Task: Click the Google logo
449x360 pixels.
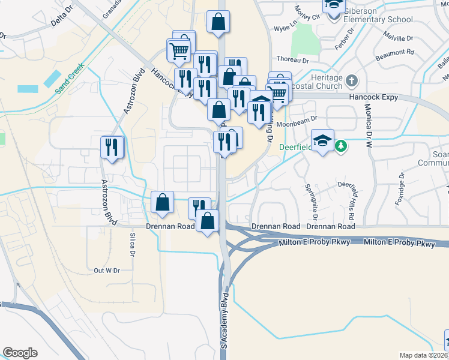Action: coord(20,353)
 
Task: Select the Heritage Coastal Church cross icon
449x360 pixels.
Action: coord(351,79)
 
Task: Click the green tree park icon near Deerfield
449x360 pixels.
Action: coord(341,145)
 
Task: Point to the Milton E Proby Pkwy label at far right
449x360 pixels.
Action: coord(399,244)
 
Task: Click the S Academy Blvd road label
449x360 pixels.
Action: coord(225,321)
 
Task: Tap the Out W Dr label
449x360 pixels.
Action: coord(107,271)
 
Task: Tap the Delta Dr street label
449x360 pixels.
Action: coord(61,22)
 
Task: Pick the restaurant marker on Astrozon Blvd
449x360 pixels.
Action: coord(112,148)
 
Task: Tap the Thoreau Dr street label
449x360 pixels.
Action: coord(292,60)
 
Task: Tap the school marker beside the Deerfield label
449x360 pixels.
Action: coord(323,142)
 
